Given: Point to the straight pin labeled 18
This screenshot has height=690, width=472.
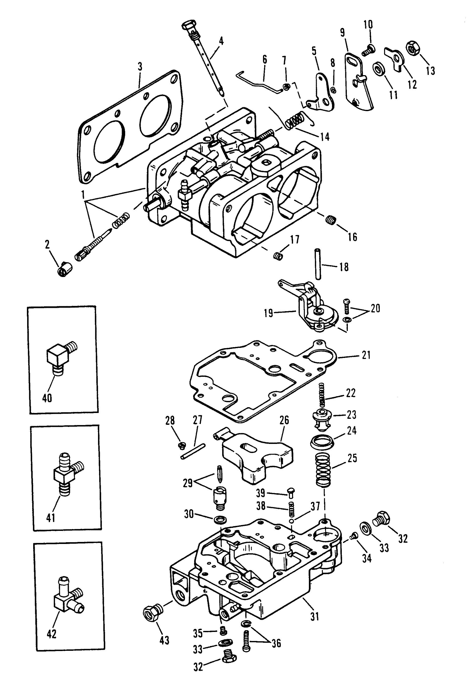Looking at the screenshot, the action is pyautogui.click(x=318, y=264).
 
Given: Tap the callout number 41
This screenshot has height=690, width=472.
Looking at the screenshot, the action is pyautogui.click(x=51, y=518).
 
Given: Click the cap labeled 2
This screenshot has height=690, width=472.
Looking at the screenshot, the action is pyautogui.click(x=65, y=270).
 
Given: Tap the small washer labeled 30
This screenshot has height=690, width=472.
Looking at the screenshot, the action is pyautogui.click(x=219, y=519).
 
